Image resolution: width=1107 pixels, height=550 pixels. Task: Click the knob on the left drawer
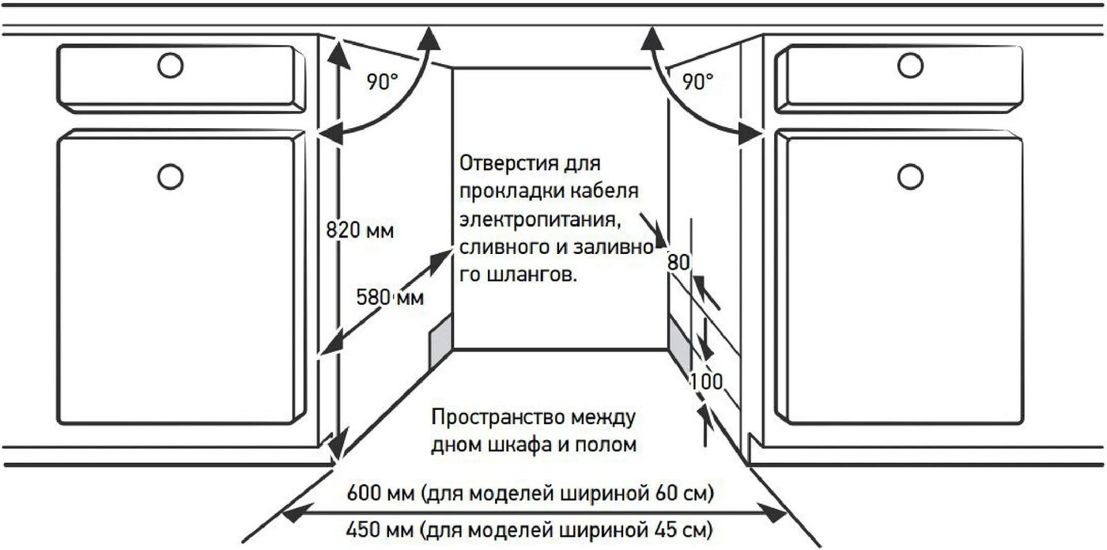click(x=171, y=65)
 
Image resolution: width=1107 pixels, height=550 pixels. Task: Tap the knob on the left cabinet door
click(x=171, y=176)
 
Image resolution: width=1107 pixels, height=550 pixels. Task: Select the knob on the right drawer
click(x=910, y=65)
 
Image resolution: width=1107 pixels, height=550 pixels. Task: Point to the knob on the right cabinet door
click(x=910, y=176)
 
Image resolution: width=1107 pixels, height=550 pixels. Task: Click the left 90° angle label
click(x=382, y=82)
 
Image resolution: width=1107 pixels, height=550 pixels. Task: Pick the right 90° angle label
click(x=697, y=82)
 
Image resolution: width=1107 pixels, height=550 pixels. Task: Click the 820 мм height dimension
click(x=360, y=230)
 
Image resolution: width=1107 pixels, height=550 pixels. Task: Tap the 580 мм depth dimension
click(x=390, y=298)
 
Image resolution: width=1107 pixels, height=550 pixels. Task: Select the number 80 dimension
click(x=678, y=263)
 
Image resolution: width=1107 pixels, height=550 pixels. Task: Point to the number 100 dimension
click(x=706, y=381)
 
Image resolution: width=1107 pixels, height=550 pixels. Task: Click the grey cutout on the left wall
click(x=440, y=341)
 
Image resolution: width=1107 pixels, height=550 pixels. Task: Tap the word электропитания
click(x=540, y=219)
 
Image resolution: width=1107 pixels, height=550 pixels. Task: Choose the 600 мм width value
click(x=380, y=492)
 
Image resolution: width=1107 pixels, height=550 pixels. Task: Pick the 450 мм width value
click(x=380, y=529)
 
